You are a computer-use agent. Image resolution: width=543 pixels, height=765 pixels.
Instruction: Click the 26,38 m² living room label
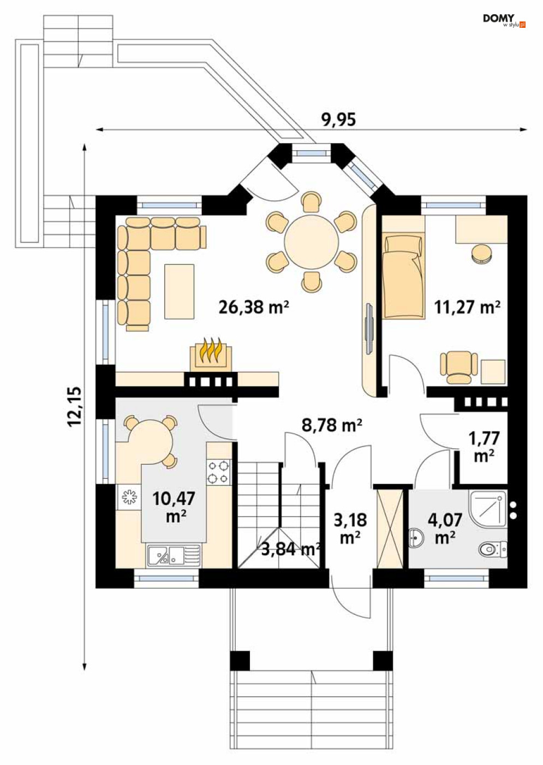point(254,307)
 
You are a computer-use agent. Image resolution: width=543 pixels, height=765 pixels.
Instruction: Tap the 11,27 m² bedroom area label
point(467,307)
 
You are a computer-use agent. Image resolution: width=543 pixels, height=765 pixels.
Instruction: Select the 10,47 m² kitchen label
point(174,507)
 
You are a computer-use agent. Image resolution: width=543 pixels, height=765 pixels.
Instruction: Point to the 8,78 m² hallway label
point(332,425)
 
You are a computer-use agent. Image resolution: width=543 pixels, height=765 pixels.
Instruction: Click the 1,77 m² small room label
point(484,447)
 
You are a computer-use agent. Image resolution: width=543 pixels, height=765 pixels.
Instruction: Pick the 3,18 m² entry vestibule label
point(350,529)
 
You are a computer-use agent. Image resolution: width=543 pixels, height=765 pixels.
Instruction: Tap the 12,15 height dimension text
point(75,406)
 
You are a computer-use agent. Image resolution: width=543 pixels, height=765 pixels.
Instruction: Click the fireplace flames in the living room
point(211,351)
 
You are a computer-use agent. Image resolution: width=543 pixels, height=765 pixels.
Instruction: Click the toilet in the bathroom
point(493,549)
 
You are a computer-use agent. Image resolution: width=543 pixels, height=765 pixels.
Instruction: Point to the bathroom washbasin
point(417,538)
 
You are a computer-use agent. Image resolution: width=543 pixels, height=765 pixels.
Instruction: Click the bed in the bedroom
point(403,276)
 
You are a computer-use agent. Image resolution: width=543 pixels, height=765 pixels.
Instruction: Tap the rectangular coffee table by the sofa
point(180,292)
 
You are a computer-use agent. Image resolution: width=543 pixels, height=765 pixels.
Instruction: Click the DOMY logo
point(504,21)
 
